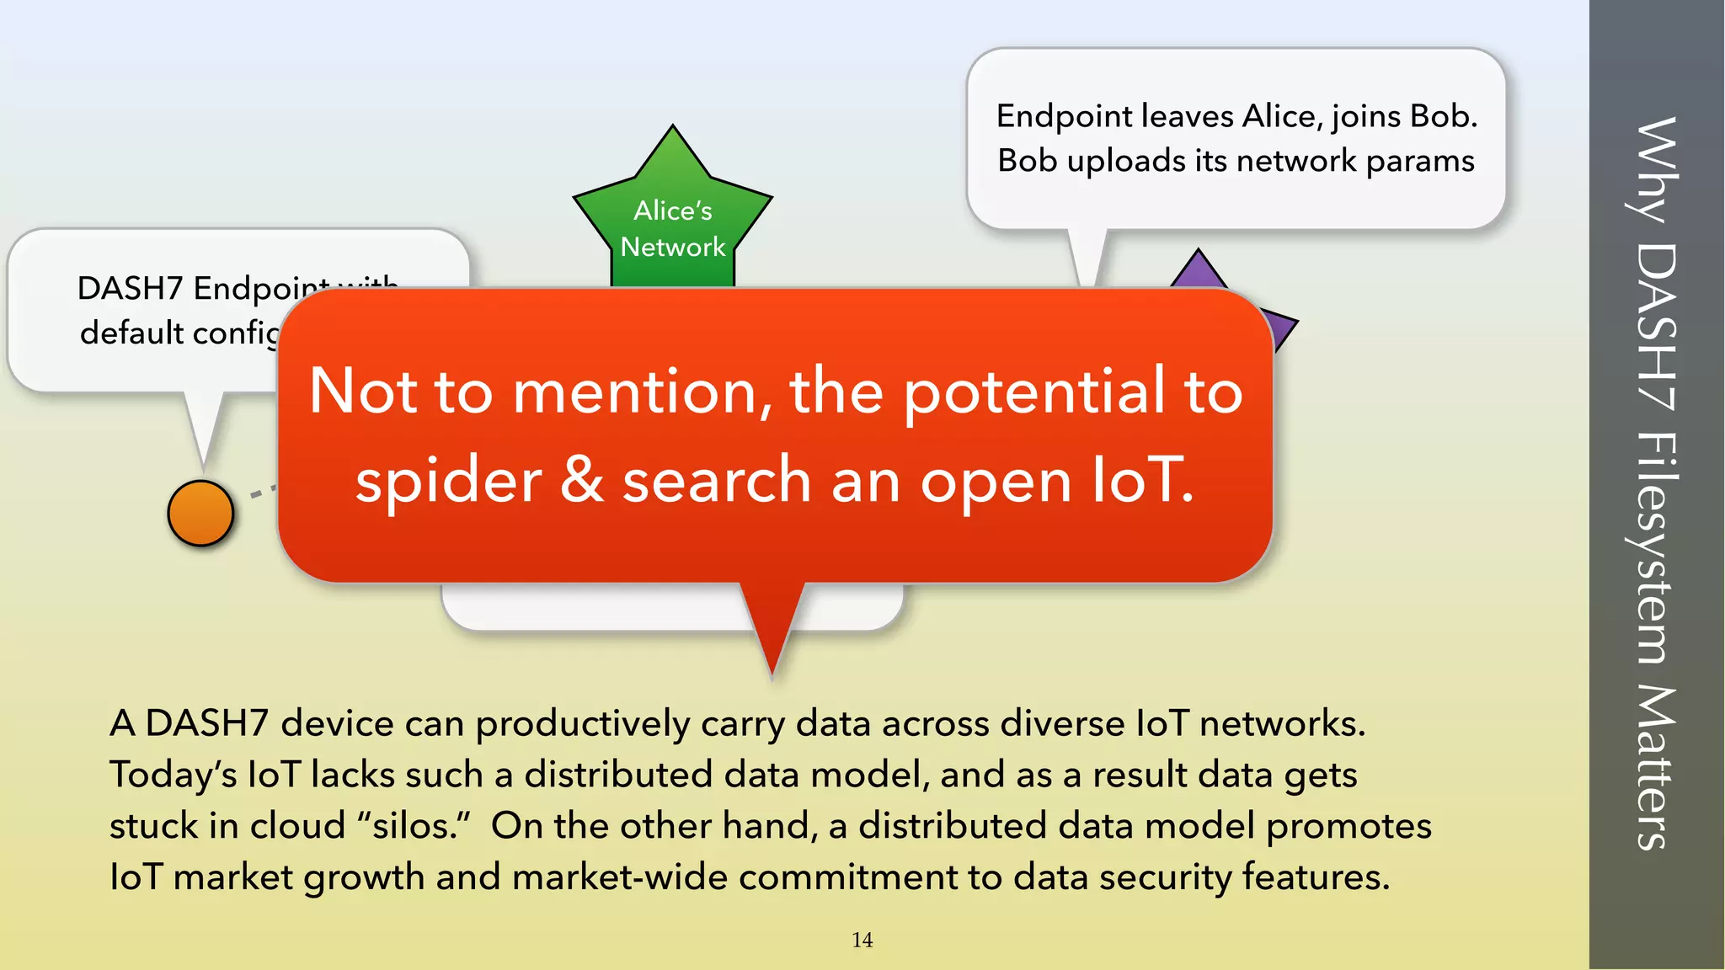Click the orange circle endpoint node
tap(200, 513)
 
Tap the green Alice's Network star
tap(672, 219)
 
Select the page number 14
tap(862, 940)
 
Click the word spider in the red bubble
tap(448, 481)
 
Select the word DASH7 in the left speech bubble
tap(130, 288)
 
